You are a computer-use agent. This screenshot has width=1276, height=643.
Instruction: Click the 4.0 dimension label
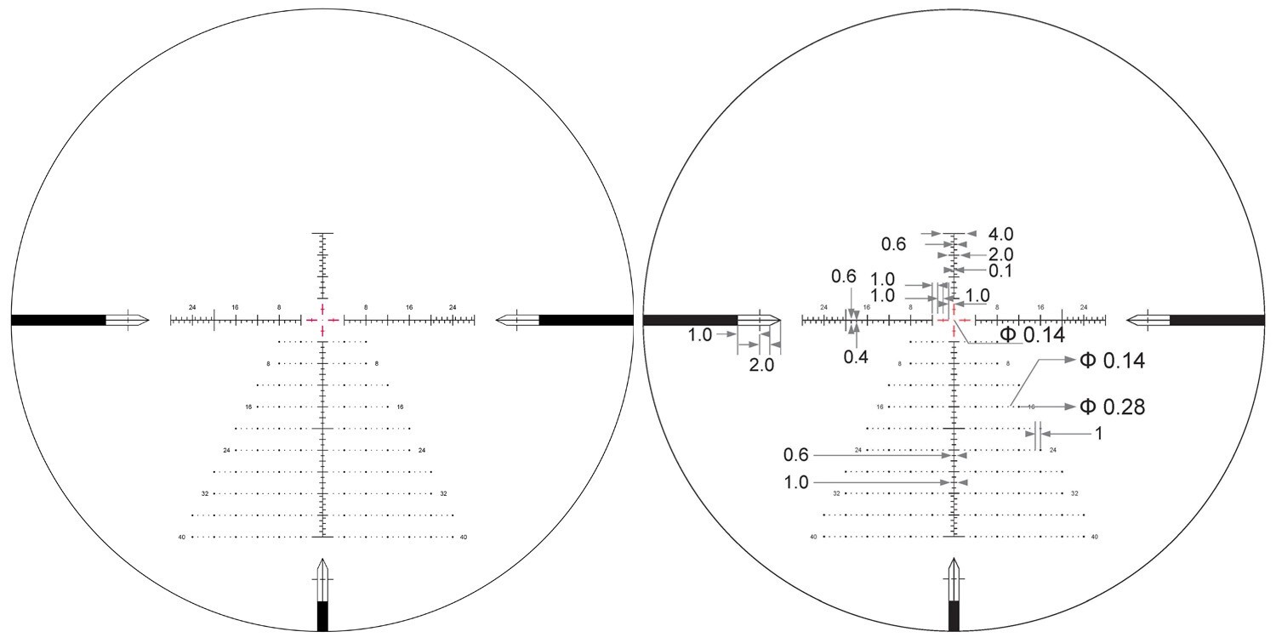1000,234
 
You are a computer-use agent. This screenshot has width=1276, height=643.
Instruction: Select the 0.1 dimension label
1000,270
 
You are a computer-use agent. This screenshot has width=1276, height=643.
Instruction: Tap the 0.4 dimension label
856,356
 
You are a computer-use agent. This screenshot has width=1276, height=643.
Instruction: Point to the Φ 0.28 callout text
1112,407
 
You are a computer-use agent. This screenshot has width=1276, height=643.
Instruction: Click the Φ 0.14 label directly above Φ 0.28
1112,361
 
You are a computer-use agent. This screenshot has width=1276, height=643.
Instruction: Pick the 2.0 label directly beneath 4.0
1000,254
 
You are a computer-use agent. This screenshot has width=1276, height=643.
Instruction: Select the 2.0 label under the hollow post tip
761,366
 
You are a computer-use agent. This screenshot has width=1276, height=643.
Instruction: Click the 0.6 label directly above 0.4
844,276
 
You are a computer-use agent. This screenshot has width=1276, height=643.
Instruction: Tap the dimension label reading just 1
1098,434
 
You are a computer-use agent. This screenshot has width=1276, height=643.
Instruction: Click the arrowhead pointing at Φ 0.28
1069,407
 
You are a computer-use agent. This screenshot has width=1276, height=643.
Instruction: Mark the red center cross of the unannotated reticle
322,320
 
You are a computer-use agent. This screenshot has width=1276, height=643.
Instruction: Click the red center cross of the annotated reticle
954,320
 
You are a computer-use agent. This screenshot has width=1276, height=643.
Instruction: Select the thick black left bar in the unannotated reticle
58,320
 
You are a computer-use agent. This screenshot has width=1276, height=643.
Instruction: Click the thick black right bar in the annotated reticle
1216,320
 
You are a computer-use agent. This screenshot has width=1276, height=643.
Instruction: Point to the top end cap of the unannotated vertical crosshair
322,232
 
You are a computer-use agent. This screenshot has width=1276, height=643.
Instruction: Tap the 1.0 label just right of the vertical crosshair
977,295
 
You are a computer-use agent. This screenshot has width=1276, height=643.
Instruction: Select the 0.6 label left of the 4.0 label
893,244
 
